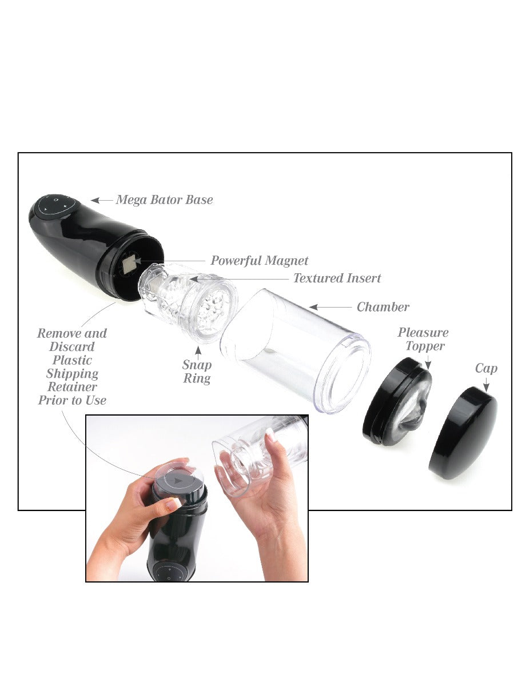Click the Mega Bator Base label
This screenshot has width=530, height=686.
tap(164, 200)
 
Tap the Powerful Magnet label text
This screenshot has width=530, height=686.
tap(259, 261)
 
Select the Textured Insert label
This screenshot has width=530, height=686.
tap(337, 279)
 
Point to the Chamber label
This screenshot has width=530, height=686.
tap(383, 308)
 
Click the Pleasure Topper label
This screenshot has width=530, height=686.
tap(423, 339)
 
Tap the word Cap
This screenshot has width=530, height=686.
tap(486, 369)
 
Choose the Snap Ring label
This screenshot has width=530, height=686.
tap(197, 372)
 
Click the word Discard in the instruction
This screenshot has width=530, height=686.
tap(72, 347)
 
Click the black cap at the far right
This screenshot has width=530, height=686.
tap(463, 432)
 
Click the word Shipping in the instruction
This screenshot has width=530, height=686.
tap(72, 374)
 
